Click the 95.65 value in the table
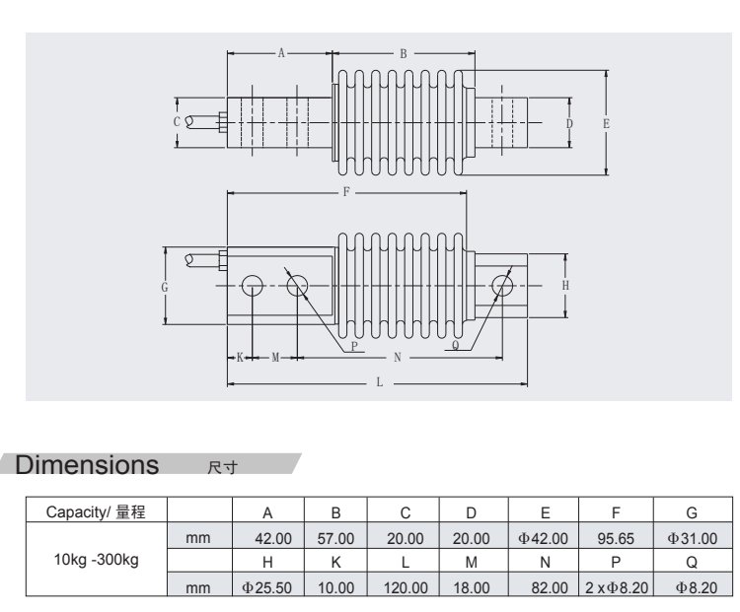[x=616, y=539]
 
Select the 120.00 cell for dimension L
[x=405, y=587]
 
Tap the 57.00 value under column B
[x=335, y=539]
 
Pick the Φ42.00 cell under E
[x=545, y=539]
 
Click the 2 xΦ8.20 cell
[x=616, y=587]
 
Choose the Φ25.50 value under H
[x=267, y=587]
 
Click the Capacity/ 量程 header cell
[x=97, y=512]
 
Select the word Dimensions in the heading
[x=88, y=463]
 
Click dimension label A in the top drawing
[x=281, y=54]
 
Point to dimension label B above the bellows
[x=404, y=54]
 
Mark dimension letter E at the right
[x=606, y=124]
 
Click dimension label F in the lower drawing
[x=346, y=193]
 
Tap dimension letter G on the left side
[x=165, y=287]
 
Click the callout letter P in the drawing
[x=353, y=347]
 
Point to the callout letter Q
[x=455, y=347]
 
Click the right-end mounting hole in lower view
[x=503, y=287]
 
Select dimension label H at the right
[x=565, y=285]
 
